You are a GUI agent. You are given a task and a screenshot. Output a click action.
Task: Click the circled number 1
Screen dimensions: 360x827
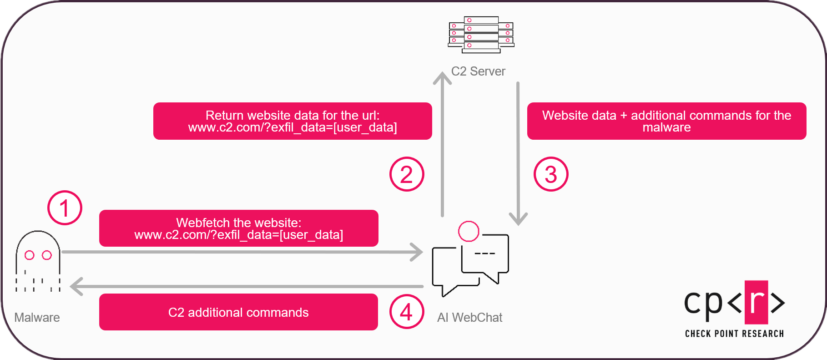coord(65,208)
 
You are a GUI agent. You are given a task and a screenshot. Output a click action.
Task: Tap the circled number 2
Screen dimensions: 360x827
coord(407,174)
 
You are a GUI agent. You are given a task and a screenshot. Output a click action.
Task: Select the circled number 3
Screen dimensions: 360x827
coord(551,174)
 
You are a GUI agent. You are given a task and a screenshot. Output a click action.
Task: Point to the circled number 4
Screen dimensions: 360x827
coord(407,312)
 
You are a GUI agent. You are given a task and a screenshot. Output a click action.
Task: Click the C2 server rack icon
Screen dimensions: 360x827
coord(481,35)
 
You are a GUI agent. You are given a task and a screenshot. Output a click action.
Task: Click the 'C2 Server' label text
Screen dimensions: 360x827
coord(478,71)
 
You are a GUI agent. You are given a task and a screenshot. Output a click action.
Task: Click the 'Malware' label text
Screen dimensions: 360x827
coord(37,317)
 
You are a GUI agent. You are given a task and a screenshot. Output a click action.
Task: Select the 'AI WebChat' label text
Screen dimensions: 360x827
coord(469,317)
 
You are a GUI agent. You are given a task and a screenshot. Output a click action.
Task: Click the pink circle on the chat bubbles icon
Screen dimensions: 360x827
coord(469,231)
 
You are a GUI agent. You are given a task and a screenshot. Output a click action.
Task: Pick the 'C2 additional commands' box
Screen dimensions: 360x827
coord(238,312)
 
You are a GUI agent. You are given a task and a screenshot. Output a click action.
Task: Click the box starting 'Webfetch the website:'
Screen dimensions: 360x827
coord(238,228)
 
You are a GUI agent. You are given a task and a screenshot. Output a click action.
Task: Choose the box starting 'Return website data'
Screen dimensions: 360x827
coord(292,121)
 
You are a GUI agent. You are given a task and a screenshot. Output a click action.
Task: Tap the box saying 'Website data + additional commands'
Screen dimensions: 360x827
coord(666,121)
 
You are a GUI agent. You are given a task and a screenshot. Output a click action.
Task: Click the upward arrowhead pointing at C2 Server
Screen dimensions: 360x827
coord(442,78)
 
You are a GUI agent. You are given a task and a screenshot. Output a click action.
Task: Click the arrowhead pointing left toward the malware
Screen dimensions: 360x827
coord(76,286)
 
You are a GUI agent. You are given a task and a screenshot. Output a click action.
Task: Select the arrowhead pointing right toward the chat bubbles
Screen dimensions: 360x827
coord(417,252)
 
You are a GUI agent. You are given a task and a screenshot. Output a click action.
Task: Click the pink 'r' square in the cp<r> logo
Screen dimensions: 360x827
coord(756,302)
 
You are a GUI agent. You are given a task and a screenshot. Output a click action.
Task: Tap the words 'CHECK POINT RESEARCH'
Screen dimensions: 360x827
coord(734,334)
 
